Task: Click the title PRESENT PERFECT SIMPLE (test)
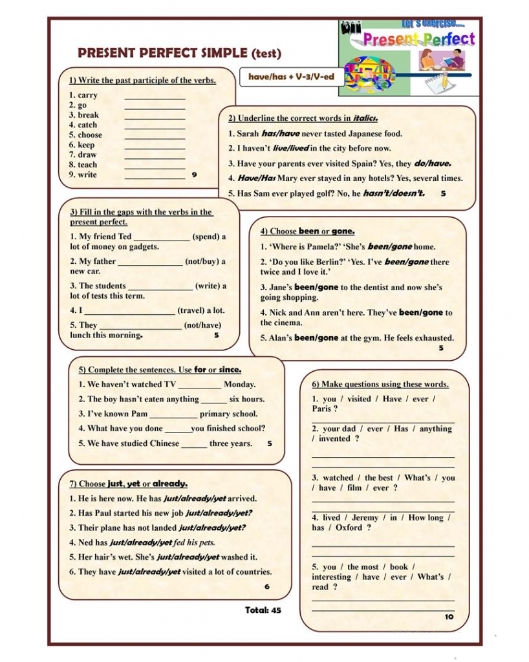pos(179,53)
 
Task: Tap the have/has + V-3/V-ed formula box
pos(291,77)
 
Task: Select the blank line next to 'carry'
pos(155,96)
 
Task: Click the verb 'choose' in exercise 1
pos(90,135)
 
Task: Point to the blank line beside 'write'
pos(155,176)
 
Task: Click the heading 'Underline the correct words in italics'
pos(303,118)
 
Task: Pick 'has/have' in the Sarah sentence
pos(280,134)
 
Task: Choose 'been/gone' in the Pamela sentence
pos(389,246)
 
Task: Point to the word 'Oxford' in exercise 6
pos(349,528)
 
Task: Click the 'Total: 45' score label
pos(263,610)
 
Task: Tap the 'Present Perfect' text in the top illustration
pos(418,39)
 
